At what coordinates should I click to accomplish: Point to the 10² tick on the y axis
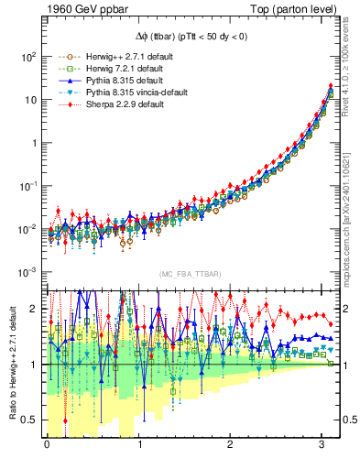click(x=27, y=56)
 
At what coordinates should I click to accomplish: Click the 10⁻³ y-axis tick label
click(x=27, y=272)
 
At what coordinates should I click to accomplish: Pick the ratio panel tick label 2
click(x=34, y=309)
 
